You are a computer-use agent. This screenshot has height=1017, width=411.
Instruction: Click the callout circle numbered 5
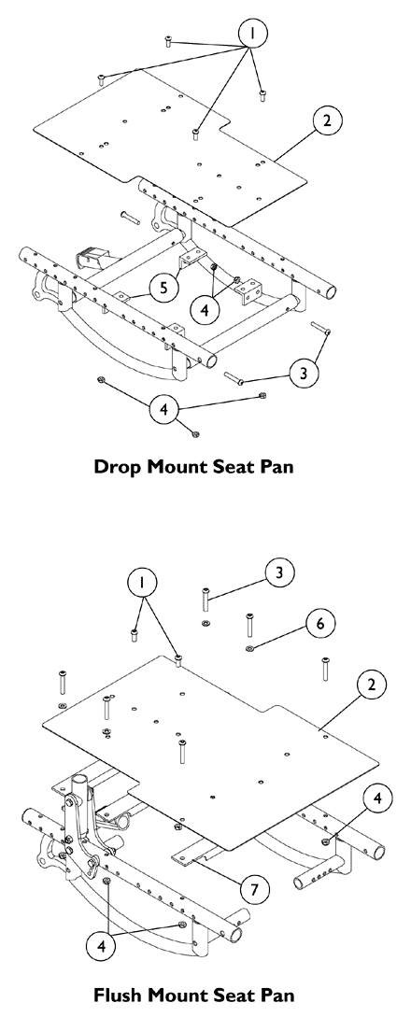(x=163, y=288)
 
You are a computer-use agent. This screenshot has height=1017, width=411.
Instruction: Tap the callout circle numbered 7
(x=249, y=888)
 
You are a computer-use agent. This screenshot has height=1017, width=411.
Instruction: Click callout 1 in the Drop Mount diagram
(x=252, y=34)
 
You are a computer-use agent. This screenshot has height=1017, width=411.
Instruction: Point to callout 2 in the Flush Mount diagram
(x=371, y=685)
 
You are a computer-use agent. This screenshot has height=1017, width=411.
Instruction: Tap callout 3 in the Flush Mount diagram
(x=277, y=571)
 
